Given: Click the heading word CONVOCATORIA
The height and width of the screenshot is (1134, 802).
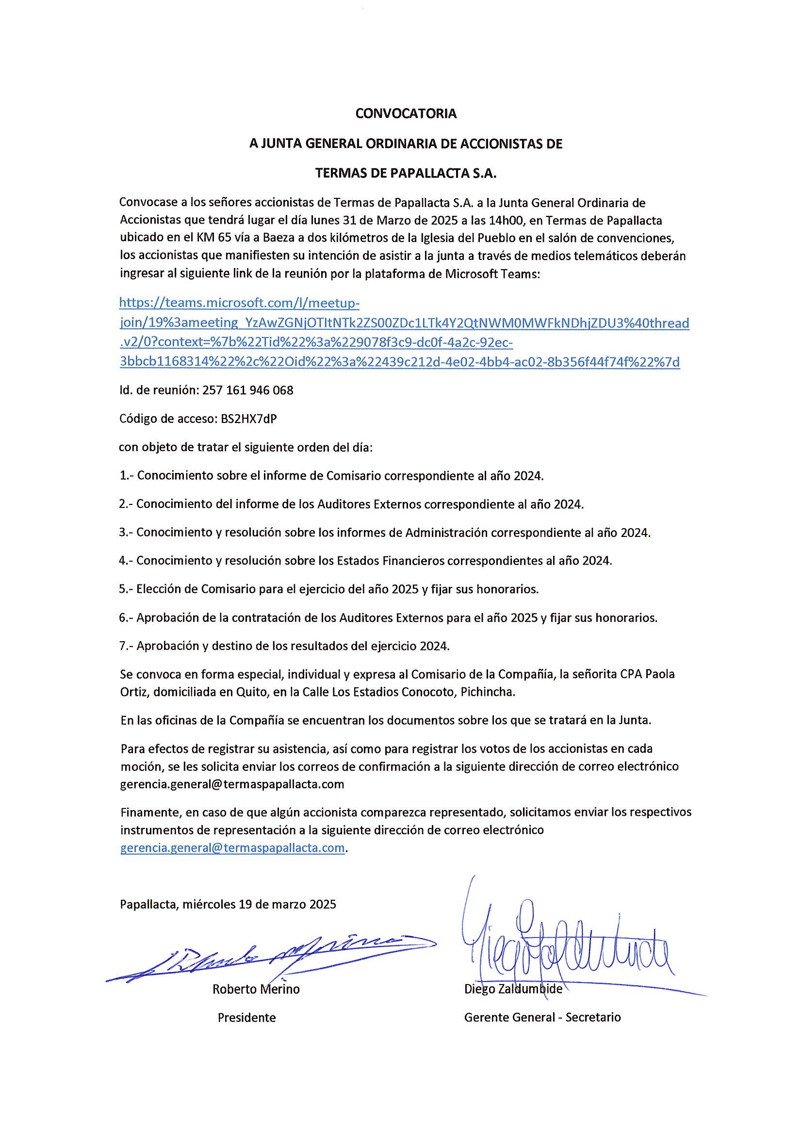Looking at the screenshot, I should click(x=406, y=113).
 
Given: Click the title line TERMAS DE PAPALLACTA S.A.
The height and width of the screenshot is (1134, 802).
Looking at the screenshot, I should click(x=406, y=173).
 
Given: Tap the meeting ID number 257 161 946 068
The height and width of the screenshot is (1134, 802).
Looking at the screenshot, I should click(x=247, y=390).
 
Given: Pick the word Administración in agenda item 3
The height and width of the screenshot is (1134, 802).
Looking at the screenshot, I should click(x=446, y=533).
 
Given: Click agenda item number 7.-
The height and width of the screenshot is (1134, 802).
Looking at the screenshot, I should click(x=127, y=646).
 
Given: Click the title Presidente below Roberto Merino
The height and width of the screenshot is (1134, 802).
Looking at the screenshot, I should click(x=246, y=1018).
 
